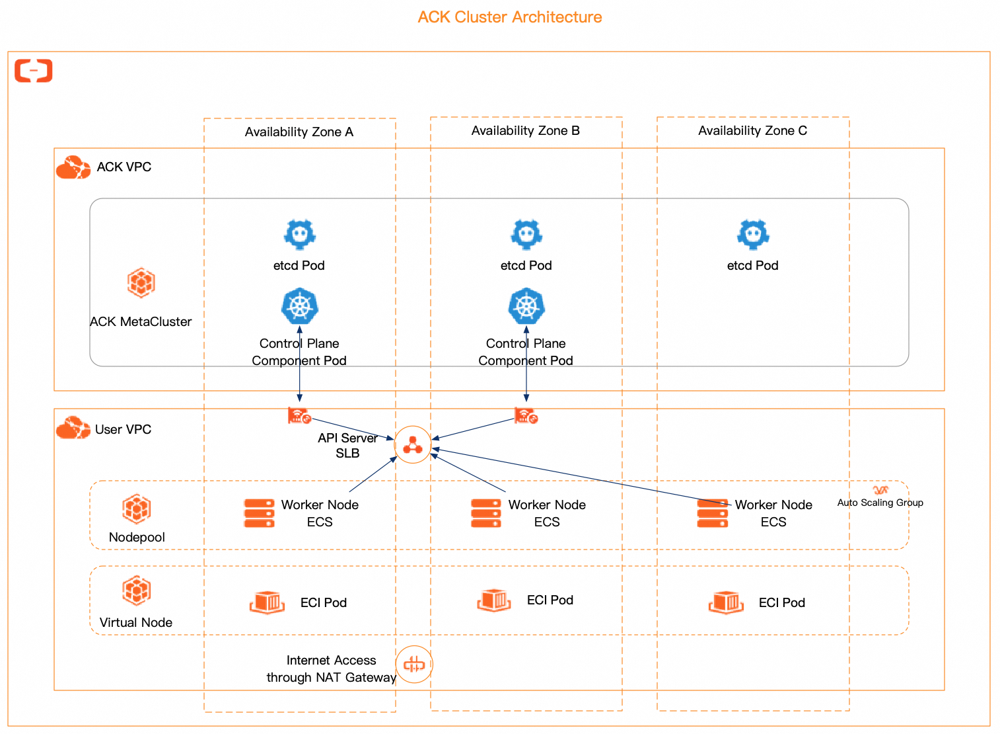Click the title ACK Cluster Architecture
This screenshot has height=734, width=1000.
click(509, 17)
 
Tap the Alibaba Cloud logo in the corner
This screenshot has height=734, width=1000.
click(34, 70)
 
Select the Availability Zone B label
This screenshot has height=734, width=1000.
click(525, 131)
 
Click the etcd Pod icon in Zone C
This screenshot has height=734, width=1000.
click(753, 234)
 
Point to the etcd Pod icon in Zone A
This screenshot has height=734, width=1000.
click(300, 234)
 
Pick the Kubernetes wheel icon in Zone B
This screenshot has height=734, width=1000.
click(526, 306)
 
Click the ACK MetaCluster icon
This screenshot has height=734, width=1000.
click(141, 283)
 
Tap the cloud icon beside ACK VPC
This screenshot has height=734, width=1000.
click(73, 167)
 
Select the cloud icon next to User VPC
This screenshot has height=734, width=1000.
click(73, 428)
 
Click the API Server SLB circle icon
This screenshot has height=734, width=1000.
click(413, 444)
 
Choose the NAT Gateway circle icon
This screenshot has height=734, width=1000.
click(414, 664)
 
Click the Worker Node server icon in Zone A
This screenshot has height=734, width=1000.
click(259, 513)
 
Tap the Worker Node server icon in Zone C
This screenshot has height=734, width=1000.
click(713, 513)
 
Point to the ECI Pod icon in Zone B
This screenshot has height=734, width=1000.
click(494, 600)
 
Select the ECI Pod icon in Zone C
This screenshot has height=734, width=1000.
click(726, 602)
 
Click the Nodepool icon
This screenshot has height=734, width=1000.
click(137, 509)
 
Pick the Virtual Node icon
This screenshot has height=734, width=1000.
click(136, 591)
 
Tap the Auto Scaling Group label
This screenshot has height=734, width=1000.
click(880, 503)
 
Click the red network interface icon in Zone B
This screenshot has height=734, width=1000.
click(526, 417)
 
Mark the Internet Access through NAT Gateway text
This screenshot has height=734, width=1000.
click(331, 669)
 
